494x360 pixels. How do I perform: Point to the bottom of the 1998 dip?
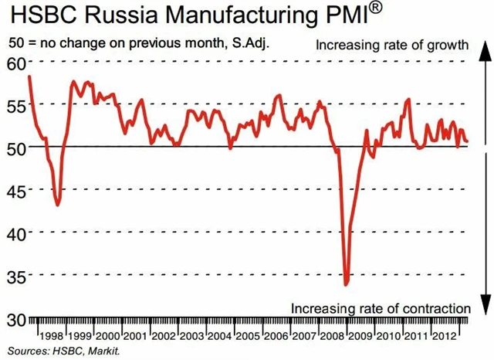(x=58, y=205)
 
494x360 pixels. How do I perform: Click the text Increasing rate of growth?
(x=392, y=45)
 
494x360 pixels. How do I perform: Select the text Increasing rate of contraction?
(x=381, y=307)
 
